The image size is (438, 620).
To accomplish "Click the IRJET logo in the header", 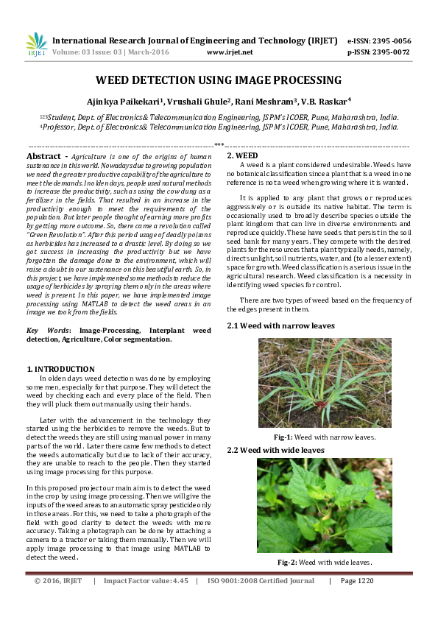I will (x=36, y=45).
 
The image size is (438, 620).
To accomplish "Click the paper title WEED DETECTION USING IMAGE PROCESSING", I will (x=219, y=80).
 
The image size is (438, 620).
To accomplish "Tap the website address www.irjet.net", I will (x=230, y=52).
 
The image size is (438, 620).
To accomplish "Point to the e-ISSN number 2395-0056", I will (x=395, y=40).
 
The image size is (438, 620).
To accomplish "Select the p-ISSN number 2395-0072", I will (x=395, y=52).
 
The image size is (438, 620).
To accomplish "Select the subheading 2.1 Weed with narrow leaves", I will (x=280, y=325).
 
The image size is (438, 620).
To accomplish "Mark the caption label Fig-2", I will (x=287, y=563).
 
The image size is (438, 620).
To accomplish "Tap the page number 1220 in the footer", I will (x=362, y=581).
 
